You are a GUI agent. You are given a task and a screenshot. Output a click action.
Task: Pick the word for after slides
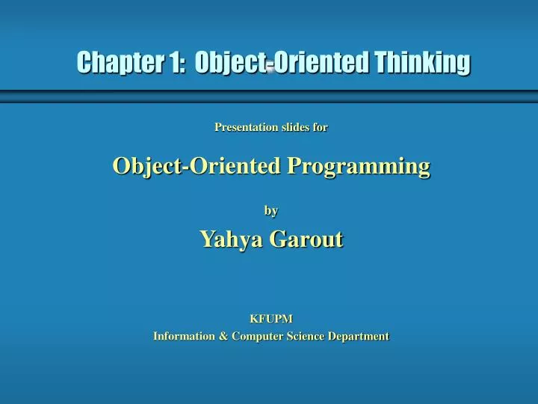pyautogui.click(x=321, y=127)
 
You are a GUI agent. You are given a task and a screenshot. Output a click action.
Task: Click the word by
pyautogui.click(x=271, y=211)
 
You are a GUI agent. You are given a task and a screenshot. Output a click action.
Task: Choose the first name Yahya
pyautogui.click(x=231, y=239)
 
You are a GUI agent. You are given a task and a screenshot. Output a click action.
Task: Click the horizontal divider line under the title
pyautogui.click(x=269, y=95)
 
